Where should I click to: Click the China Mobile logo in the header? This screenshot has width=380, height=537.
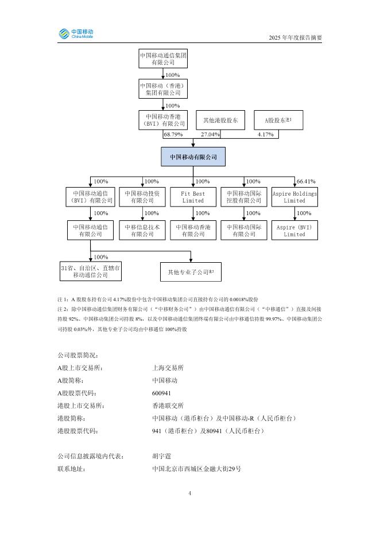(x=76, y=34)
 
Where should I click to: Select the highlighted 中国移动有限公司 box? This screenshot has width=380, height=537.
(x=193, y=157)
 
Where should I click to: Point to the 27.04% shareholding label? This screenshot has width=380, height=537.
(x=209, y=134)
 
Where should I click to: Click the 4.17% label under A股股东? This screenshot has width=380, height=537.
(x=265, y=134)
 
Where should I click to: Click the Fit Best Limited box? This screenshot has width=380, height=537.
(x=193, y=197)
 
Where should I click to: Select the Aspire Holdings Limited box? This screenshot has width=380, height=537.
(x=294, y=197)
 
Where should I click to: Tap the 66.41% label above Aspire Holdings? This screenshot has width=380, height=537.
(x=306, y=181)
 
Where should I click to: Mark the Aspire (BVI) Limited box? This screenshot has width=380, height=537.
(x=294, y=231)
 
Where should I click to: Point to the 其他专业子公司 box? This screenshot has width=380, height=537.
(x=191, y=272)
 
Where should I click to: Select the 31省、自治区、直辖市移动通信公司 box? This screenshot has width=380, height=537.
(x=91, y=272)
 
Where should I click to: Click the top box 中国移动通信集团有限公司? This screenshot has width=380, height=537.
(x=163, y=59)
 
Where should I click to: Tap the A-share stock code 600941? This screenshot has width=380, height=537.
(x=161, y=393)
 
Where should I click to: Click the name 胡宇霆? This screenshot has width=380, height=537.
(x=161, y=457)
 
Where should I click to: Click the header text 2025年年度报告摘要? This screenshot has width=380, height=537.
(x=296, y=38)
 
